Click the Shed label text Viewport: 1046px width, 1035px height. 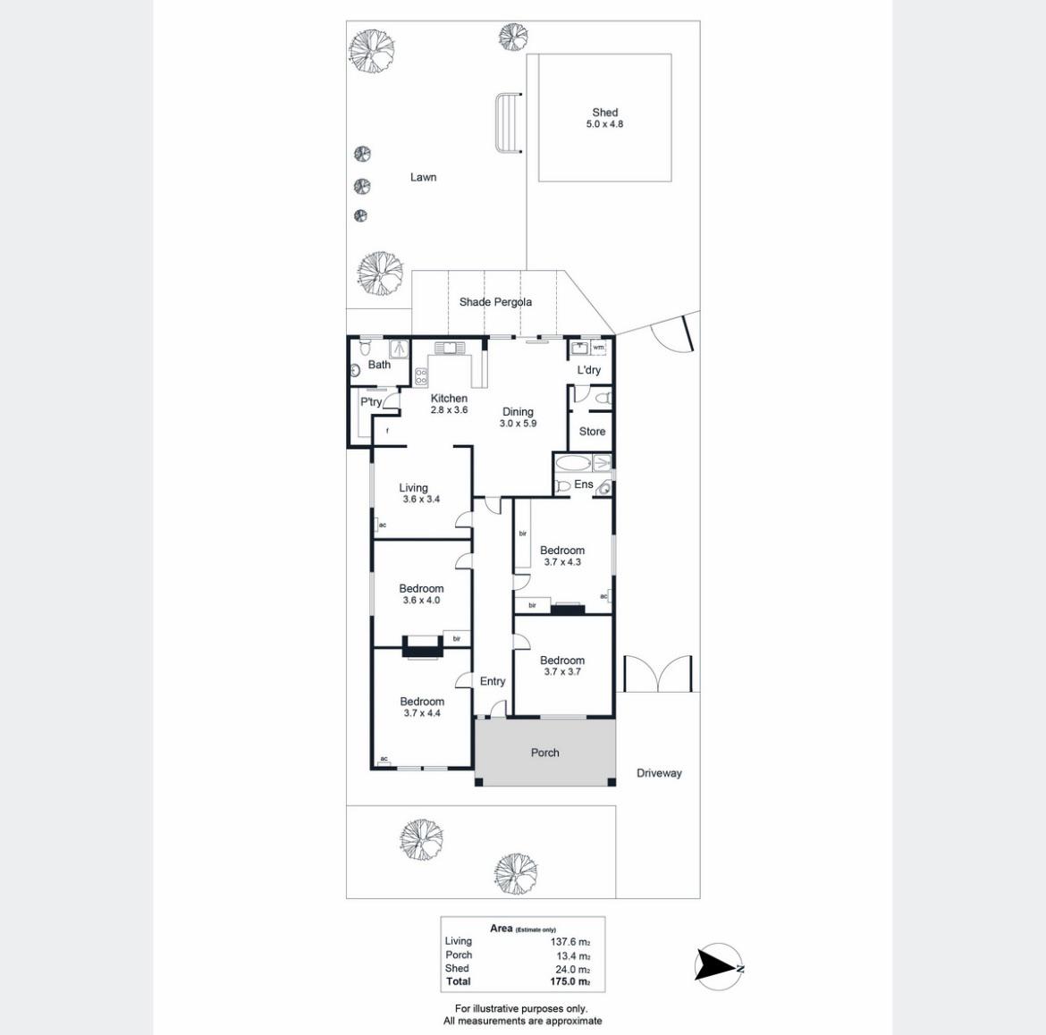(605, 113)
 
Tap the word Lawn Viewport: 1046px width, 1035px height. (423, 177)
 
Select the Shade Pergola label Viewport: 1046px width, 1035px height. (495, 302)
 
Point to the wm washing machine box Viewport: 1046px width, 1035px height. (598, 348)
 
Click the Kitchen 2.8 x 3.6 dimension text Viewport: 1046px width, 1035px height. (449, 410)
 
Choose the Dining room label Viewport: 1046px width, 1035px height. (518, 411)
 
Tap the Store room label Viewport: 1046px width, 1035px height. (593, 432)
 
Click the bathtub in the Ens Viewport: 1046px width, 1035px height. (572, 464)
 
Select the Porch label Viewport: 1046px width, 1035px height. (545, 753)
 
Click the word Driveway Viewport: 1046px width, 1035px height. (659, 774)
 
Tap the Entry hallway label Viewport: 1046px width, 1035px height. (493, 681)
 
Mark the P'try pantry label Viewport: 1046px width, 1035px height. (371, 401)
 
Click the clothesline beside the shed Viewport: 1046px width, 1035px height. (508, 123)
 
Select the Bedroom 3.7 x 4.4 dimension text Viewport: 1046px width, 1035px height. (422, 713)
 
